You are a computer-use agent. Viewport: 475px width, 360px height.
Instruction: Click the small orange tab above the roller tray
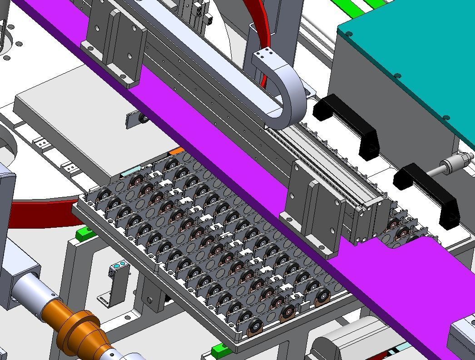(176, 150)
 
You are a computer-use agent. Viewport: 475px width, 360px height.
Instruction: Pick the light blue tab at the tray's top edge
(131, 171)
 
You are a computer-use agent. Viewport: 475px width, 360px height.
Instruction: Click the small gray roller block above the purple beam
(137, 118)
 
